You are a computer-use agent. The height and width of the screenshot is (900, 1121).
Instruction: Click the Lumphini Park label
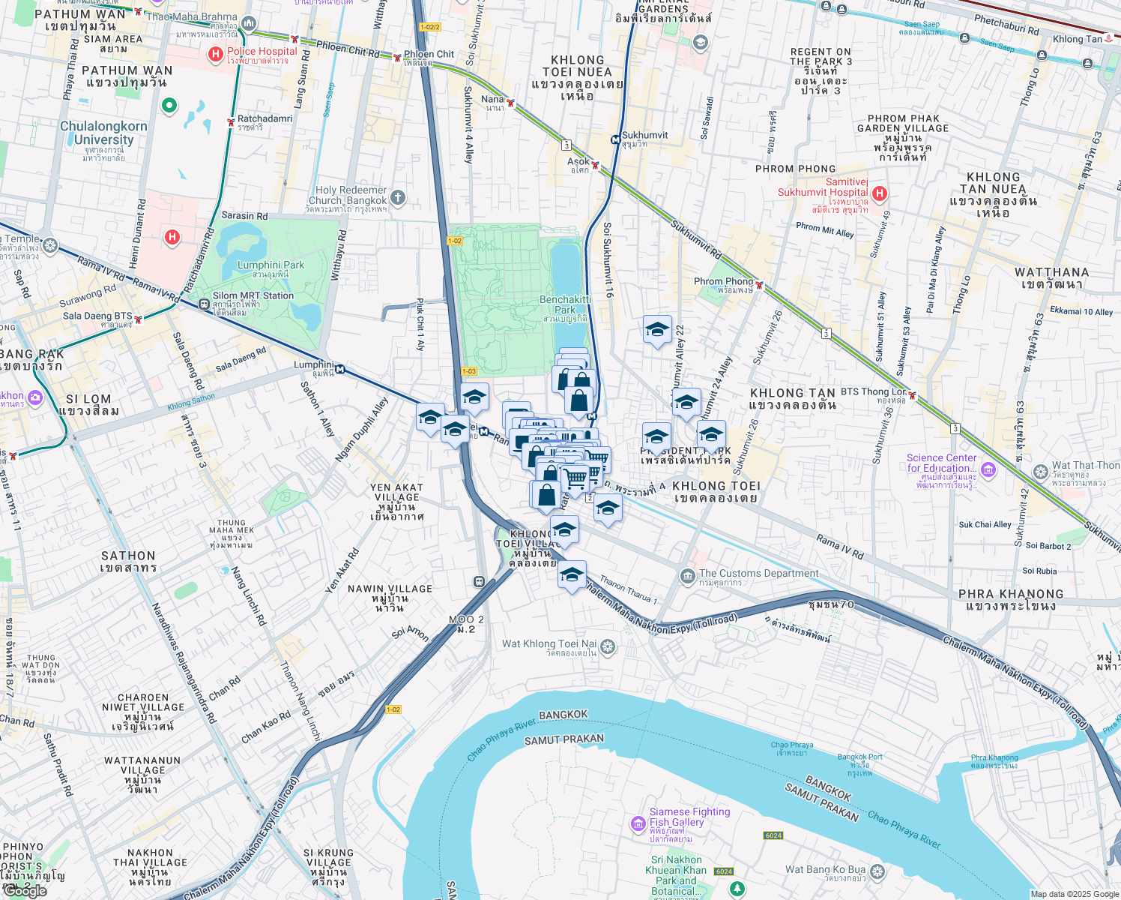click(x=271, y=269)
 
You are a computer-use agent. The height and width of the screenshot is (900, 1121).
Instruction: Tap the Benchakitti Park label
click(x=565, y=304)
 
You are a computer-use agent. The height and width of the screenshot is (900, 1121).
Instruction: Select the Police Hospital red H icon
click(x=216, y=54)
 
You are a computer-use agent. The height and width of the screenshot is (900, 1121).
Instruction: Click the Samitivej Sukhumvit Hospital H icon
click(x=880, y=193)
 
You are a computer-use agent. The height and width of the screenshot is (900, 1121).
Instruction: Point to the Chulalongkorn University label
click(x=103, y=133)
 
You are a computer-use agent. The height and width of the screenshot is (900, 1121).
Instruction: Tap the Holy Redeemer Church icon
click(x=398, y=198)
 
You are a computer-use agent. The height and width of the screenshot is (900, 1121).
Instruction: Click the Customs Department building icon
click(x=687, y=576)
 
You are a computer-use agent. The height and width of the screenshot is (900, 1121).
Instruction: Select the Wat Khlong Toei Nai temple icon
click(x=608, y=646)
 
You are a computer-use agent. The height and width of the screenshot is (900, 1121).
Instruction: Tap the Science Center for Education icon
click(x=988, y=469)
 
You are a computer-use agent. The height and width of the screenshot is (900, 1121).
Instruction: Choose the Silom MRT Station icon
click(x=204, y=304)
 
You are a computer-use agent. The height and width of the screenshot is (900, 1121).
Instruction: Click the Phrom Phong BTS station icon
click(x=760, y=285)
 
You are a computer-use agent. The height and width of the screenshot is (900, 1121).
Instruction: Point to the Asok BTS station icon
click(x=595, y=164)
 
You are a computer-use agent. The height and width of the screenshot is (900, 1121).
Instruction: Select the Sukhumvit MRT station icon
click(x=615, y=139)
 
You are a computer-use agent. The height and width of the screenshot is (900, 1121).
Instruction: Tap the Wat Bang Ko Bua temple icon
click(x=877, y=871)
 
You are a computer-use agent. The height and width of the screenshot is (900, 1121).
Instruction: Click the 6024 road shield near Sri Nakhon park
click(x=724, y=871)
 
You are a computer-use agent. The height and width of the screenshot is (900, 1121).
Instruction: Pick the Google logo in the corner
click(x=24, y=890)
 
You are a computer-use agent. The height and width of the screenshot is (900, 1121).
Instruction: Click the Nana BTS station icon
click(x=510, y=103)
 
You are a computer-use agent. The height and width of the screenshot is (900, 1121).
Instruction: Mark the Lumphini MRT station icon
click(x=340, y=368)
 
